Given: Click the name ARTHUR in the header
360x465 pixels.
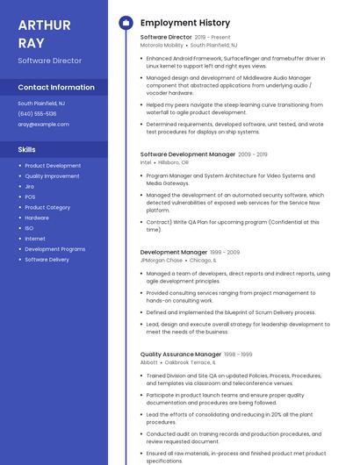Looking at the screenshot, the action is click(x=44, y=25).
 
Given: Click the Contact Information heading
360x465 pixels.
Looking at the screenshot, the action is click(x=56, y=88).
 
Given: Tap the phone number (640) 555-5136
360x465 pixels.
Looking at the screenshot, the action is click(x=37, y=114).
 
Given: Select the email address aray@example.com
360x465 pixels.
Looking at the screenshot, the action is click(x=43, y=125).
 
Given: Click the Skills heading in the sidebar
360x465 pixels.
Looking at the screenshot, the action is click(x=26, y=150).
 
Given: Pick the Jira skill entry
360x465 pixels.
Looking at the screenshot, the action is click(x=30, y=187).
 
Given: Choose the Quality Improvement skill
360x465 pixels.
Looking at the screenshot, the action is click(x=52, y=176).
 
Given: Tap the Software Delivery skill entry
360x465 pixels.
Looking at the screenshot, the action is click(x=47, y=260).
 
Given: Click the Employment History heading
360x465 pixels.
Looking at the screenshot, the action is click(x=185, y=23).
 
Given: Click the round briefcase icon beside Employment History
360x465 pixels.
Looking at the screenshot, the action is click(x=126, y=23).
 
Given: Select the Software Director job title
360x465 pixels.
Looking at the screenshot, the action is click(x=166, y=38).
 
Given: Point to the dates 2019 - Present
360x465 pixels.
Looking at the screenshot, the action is click(x=213, y=38).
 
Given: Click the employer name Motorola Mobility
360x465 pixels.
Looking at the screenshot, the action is click(x=162, y=45).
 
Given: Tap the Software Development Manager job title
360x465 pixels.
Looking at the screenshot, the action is click(x=188, y=154).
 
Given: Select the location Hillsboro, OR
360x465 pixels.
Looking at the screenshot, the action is click(x=173, y=162).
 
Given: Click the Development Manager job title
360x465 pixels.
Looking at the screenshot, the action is click(x=174, y=253).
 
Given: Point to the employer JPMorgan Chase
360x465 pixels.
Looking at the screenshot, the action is click(x=162, y=261).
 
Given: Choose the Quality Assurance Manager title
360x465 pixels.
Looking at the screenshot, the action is click(x=180, y=354).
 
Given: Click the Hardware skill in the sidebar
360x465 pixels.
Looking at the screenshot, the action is click(x=37, y=218).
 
